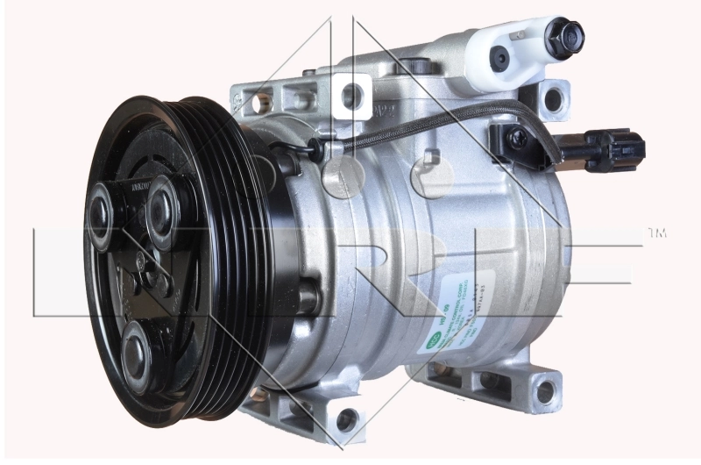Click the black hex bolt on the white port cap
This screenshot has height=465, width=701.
562,36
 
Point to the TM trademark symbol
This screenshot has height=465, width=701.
656,233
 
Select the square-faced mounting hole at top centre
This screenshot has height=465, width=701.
352,96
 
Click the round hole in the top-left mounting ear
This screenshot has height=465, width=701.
258,104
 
